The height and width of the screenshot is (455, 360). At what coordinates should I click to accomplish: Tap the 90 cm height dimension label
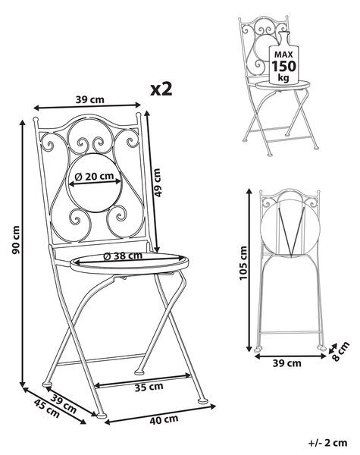(16, 240)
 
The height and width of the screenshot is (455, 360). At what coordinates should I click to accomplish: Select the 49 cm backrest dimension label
(157, 183)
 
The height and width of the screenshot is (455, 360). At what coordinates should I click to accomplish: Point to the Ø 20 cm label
(94, 177)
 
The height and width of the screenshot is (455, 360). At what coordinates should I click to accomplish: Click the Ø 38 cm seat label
(123, 256)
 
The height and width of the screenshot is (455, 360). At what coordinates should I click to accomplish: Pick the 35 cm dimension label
(149, 387)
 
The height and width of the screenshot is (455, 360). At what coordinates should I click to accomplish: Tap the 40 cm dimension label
(164, 419)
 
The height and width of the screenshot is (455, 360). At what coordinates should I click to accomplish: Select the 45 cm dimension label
(47, 409)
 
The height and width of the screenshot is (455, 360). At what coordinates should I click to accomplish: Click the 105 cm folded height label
(243, 263)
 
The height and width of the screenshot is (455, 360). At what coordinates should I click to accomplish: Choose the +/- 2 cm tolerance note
(327, 443)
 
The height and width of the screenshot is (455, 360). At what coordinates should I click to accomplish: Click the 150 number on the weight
(283, 66)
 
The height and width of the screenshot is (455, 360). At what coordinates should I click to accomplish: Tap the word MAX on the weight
(283, 55)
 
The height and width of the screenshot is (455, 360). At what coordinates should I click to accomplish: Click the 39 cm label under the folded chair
(287, 363)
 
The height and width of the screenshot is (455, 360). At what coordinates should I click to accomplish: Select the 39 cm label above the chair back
(90, 99)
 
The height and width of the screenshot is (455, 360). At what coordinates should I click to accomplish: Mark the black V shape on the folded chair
(291, 229)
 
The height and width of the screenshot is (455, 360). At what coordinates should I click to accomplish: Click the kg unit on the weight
(283, 78)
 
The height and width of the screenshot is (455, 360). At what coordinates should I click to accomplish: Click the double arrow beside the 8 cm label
(333, 349)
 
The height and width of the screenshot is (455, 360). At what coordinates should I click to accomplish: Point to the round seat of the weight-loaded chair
(283, 85)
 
